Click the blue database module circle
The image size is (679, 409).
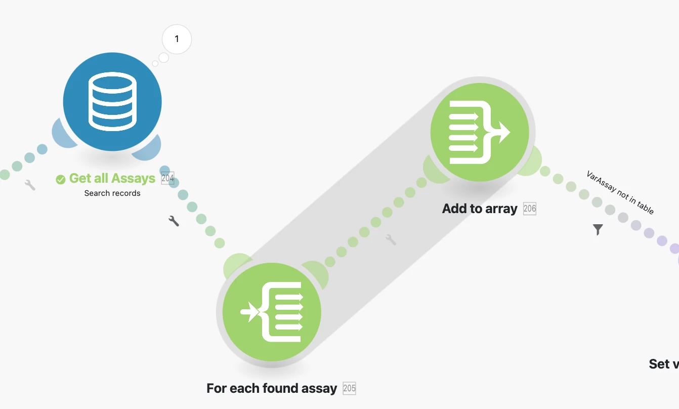point(112,101)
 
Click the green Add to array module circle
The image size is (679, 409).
point(479,132)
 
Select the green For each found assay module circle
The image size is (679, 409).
point(272,311)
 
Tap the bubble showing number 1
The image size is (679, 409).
point(177,39)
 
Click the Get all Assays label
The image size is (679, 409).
point(112,178)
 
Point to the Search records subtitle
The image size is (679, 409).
point(112,193)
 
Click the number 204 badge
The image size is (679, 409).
point(167,178)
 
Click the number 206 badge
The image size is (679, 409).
point(529,209)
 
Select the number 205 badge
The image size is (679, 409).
point(349,388)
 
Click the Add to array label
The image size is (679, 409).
point(480,209)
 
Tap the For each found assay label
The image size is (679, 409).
point(272,388)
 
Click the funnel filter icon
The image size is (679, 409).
point(598,230)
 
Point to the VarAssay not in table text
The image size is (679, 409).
point(620,192)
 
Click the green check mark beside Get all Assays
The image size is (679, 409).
point(61,179)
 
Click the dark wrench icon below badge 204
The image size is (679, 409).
point(174,221)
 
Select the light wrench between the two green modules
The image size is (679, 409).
point(391,239)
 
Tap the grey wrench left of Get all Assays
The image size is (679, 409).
point(30,185)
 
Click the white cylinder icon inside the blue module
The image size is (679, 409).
point(112,101)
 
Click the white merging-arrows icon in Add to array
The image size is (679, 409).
point(479,132)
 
